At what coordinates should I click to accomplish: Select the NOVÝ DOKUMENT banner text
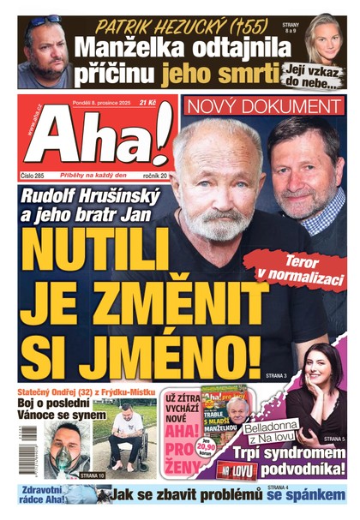[x=264, y=107]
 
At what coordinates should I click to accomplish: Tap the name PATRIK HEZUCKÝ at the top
[x=179, y=26]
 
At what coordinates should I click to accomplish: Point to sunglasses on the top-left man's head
[x=42, y=21]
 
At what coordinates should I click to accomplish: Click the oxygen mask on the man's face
[x=56, y=460]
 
